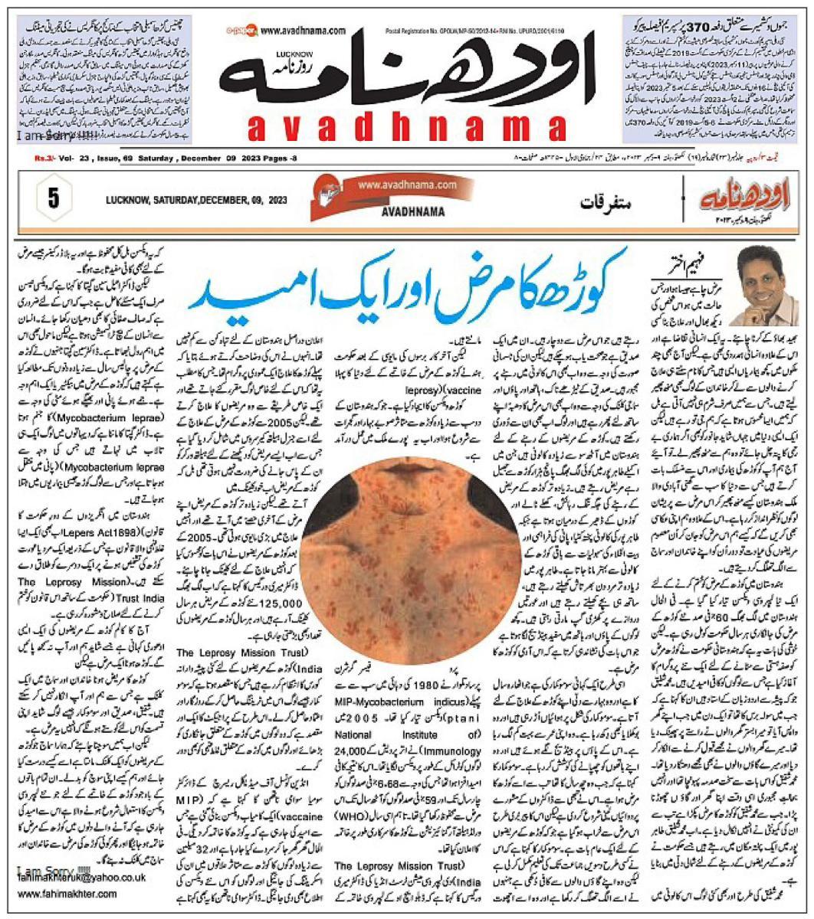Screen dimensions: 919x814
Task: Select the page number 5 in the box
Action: (53, 198)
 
